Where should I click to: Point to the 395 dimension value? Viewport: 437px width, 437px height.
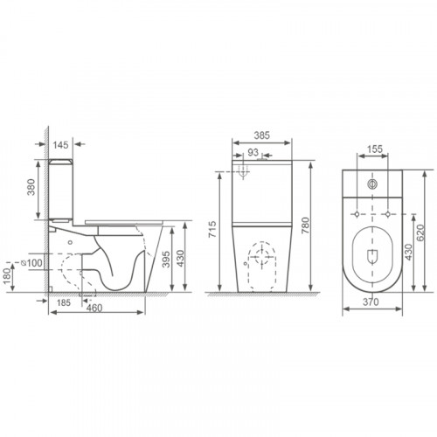coord(166,259)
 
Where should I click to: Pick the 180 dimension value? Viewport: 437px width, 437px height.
coord(9,276)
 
